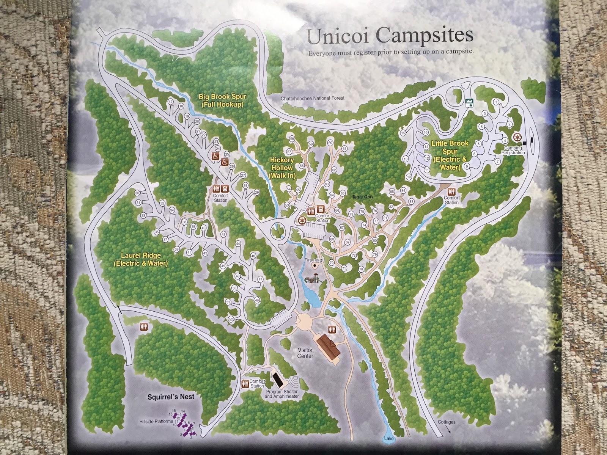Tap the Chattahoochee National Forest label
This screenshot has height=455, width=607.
tap(313, 98)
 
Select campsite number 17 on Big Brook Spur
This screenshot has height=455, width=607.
tap(170, 102)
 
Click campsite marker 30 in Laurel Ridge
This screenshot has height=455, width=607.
tap(137, 193)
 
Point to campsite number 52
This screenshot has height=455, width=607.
tap(231, 319)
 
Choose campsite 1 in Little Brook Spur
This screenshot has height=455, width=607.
tap(495, 102)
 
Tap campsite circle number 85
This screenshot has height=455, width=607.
tap(392, 191)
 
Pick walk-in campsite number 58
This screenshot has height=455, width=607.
tap(292, 139)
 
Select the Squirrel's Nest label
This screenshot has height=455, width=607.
tap(171, 397)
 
